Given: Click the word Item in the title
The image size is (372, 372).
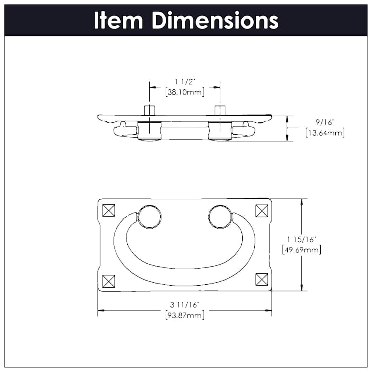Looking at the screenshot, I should pyautogui.click(x=119, y=20).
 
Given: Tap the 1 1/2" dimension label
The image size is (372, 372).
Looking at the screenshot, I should pyautogui.click(x=184, y=81).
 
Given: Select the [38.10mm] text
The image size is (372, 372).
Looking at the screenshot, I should pyautogui.click(x=184, y=92).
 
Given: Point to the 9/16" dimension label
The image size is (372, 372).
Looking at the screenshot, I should pyautogui.click(x=324, y=122).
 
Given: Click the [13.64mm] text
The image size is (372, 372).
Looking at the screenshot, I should pyautogui.click(x=324, y=133).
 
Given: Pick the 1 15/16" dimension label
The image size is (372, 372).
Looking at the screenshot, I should pyautogui.click(x=301, y=239).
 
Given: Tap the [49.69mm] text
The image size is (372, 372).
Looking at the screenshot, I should pyautogui.click(x=301, y=250).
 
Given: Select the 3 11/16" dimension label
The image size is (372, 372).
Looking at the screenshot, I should pyautogui.click(x=184, y=305).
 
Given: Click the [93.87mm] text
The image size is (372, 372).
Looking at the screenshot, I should pyautogui.click(x=184, y=315).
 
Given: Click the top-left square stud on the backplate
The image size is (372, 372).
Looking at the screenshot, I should pyautogui.click(x=108, y=211).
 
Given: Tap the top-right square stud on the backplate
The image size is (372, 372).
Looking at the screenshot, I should pyautogui.click(x=262, y=211).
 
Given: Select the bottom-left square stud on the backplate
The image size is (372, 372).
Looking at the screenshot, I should pyautogui.click(x=108, y=281).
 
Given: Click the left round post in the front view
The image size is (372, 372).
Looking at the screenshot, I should pyautogui.click(x=149, y=217).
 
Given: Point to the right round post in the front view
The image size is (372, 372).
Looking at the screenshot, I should pyautogui.click(x=220, y=217).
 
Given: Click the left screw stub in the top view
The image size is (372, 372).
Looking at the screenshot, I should pyautogui.click(x=149, y=111).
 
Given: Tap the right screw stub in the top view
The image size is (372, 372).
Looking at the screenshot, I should pyautogui.click(x=220, y=111).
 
